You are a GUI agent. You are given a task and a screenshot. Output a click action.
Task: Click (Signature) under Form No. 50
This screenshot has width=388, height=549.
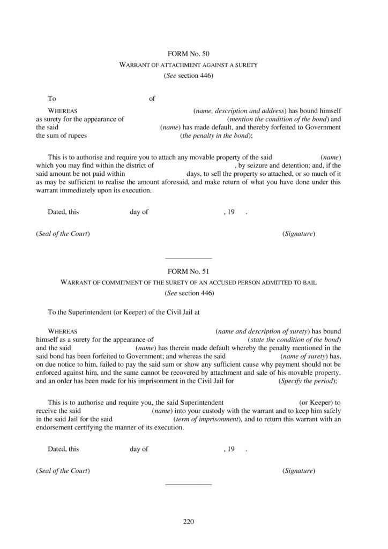pyautogui.click(x=299, y=234)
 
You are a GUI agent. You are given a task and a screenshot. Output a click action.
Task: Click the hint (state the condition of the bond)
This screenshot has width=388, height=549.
pyautogui.click(x=295, y=340)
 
